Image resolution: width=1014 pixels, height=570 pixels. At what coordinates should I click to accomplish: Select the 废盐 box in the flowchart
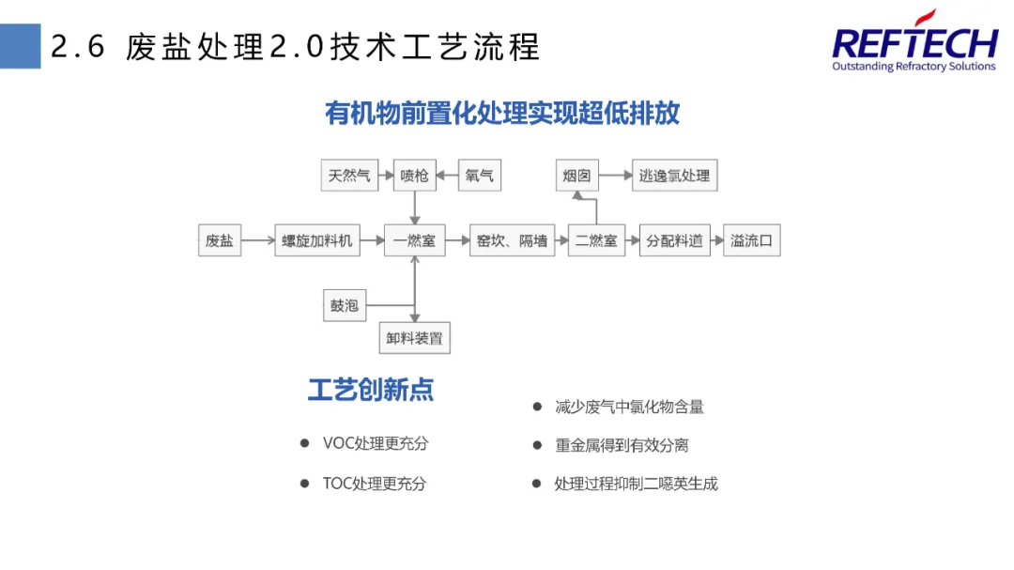pos(219,241)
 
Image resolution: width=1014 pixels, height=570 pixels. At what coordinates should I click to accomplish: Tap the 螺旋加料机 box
pos(317,241)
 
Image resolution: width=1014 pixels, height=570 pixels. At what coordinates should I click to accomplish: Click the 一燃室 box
pos(414,241)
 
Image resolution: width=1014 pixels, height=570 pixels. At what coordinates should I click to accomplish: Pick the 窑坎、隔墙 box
pos(512,241)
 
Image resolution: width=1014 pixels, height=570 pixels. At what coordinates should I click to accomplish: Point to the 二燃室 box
pos(596,241)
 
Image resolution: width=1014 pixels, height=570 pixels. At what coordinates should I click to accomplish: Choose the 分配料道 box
pos(674,241)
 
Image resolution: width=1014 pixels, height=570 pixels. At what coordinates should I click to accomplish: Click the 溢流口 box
pos(751,241)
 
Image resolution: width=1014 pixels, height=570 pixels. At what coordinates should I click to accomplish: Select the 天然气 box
pos(349,176)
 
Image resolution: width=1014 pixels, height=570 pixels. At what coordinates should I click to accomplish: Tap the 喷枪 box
pos(414,176)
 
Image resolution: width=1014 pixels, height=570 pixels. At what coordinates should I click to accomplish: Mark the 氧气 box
pos(479,176)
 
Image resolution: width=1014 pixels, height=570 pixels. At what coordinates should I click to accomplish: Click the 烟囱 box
pos(576,176)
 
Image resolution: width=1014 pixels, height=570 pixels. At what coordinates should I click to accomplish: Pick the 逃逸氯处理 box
pos(674,176)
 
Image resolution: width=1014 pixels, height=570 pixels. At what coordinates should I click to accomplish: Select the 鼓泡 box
pos(344,305)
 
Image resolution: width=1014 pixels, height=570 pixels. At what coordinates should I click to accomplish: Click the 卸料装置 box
pos(414,338)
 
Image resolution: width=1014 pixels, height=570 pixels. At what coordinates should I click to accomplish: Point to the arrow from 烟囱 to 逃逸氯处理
pos(614,176)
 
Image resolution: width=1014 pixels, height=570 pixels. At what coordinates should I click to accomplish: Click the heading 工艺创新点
pos(371,390)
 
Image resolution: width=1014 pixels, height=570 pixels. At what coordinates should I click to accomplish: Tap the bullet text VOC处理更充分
pos(375,443)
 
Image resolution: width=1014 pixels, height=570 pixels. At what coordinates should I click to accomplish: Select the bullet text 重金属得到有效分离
pos(622,445)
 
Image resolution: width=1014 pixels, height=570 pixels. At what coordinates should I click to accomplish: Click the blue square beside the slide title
pos(20,46)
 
